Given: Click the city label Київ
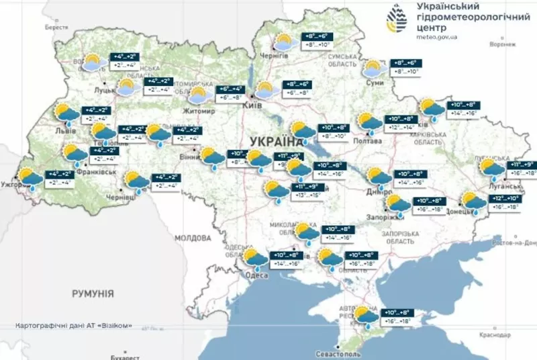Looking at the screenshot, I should click(251, 106).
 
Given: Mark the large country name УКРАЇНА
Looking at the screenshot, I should click(276, 141).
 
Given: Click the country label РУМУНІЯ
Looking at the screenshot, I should click(93, 294).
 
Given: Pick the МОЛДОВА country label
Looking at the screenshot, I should click(193, 238).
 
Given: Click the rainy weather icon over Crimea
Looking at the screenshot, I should click(365, 316).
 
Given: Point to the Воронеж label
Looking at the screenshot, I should click(503, 45).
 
